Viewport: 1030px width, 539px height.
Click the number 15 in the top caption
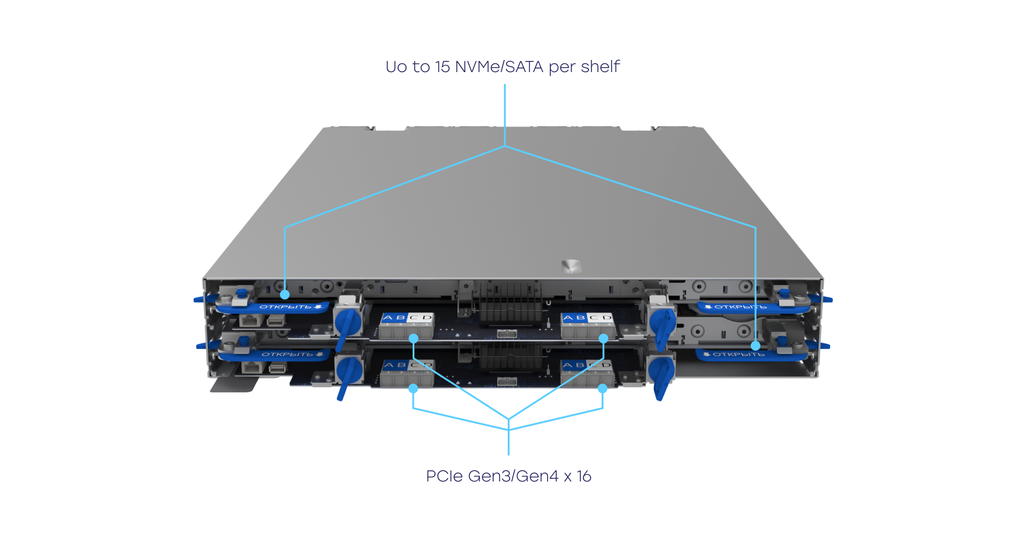point(442,67)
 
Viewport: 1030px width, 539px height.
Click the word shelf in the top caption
point(600,67)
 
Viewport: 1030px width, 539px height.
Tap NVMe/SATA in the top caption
point(499,67)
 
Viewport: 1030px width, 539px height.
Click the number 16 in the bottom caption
point(584,476)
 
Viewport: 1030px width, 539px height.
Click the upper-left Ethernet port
point(249,320)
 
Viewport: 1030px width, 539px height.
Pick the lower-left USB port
point(276,368)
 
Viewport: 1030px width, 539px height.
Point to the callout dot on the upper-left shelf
point(285,295)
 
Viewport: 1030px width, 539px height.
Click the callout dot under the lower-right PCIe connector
point(602,388)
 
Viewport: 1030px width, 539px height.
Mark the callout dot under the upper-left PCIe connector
point(414,339)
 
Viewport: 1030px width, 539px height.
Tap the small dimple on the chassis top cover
point(570,265)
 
